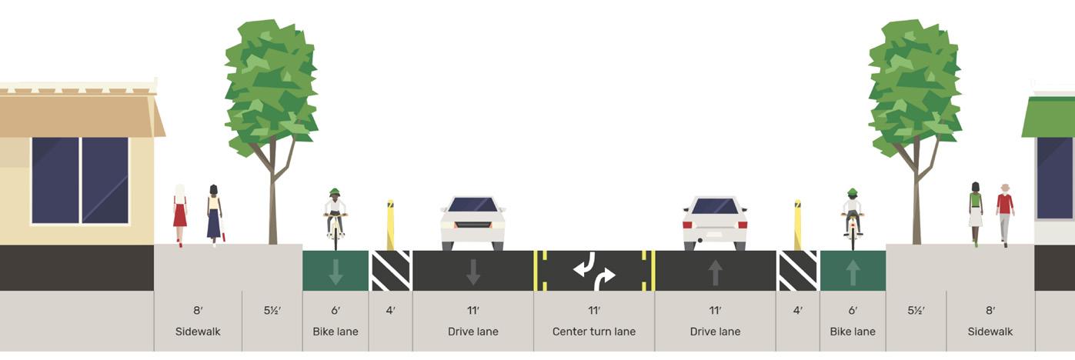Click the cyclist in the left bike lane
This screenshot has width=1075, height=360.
(x=335, y=215)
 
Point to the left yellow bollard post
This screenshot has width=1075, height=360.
(x=390, y=225)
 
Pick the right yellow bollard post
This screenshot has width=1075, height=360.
(x=797, y=225)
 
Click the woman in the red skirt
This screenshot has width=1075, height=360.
(x=180, y=213)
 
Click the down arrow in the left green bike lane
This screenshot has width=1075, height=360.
(x=336, y=272)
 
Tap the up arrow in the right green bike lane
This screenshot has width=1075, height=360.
(x=853, y=272)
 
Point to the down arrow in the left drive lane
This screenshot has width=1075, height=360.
(x=472, y=272)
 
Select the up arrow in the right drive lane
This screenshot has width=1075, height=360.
(x=715, y=272)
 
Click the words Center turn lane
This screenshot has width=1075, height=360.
(x=593, y=332)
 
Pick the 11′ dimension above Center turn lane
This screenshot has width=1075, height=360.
(x=593, y=311)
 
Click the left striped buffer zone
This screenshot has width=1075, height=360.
(x=391, y=272)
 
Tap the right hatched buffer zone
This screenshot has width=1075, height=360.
(x=797, y=272)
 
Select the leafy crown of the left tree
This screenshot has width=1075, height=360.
(x=271, y=85)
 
